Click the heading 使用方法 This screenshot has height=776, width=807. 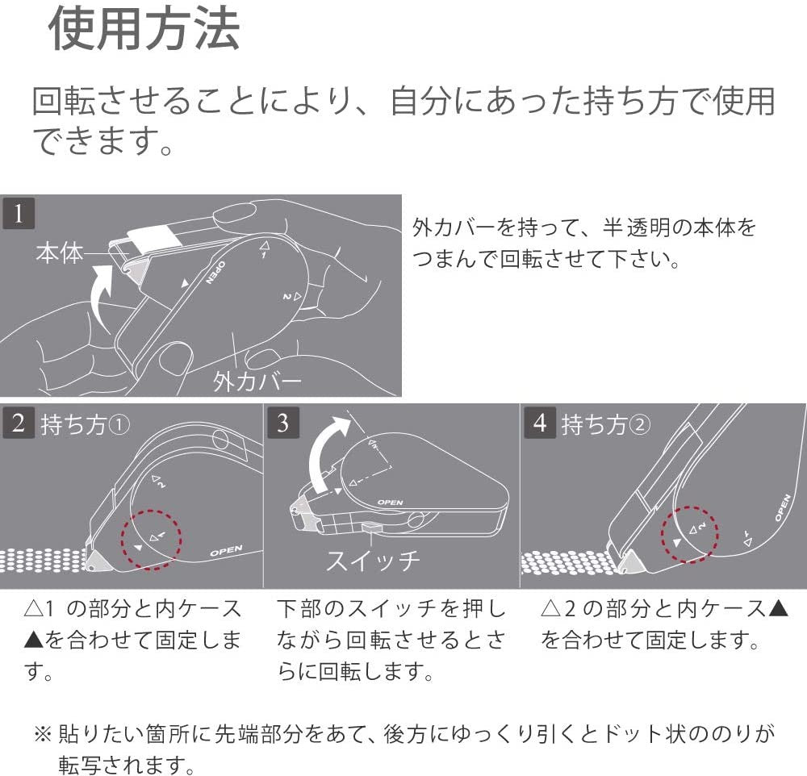(144, 29)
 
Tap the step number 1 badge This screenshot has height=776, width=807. (19, 213)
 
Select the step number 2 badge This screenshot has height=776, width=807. (19, 423)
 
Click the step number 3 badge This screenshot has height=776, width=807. (283, 423)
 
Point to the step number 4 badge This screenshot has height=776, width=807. (540, 423)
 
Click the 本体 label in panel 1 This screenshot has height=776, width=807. (60, 253)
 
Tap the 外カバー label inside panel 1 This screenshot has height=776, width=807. (257, 382)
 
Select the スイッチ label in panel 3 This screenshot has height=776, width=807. (373, 560)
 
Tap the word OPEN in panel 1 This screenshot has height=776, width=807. (215, 273)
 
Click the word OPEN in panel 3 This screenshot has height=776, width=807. (390, 503)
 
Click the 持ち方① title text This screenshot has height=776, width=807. (85, 424)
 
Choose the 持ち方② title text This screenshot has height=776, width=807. (606, 424)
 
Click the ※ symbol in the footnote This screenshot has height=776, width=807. (43, 734)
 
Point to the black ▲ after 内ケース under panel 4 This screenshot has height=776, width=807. (778, 609)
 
